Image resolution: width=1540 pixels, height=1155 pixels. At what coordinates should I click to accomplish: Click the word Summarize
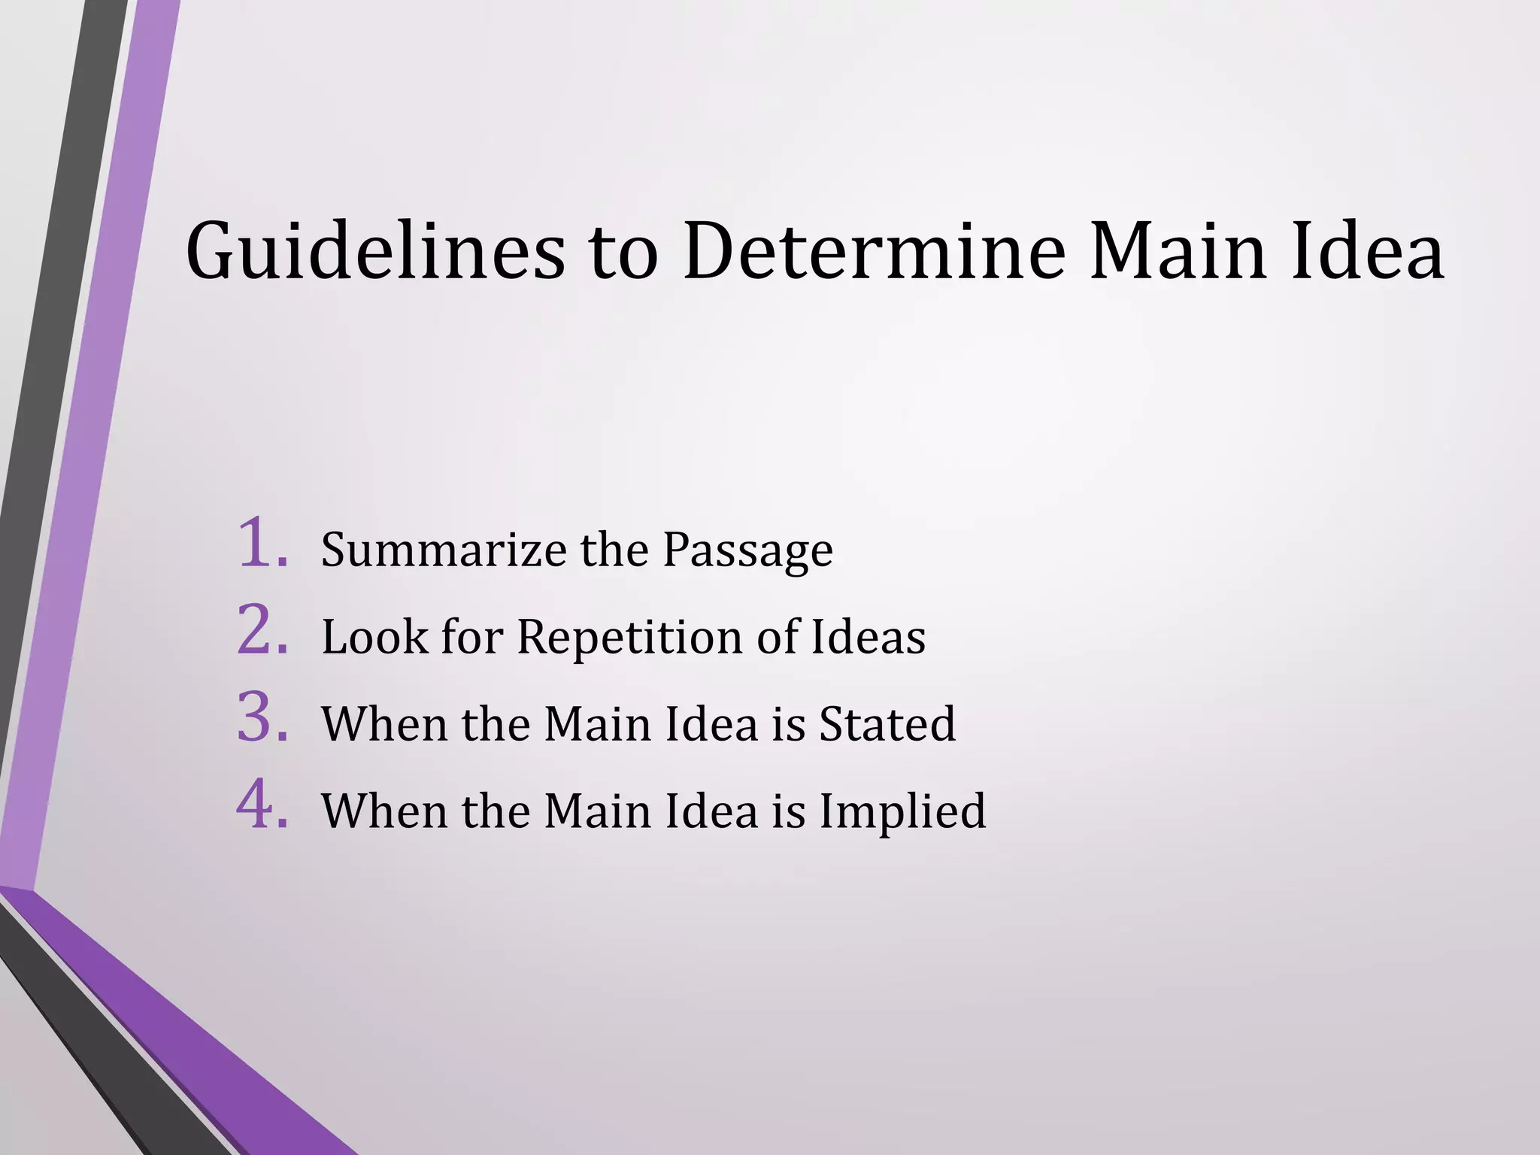[x=444, y=550]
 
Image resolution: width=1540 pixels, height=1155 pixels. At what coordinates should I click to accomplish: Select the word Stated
[x=887, y=724]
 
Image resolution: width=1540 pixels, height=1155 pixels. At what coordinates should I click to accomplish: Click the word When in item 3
[x=383, y=724]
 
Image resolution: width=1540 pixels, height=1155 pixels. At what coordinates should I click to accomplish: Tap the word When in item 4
[x=383, y=811]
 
